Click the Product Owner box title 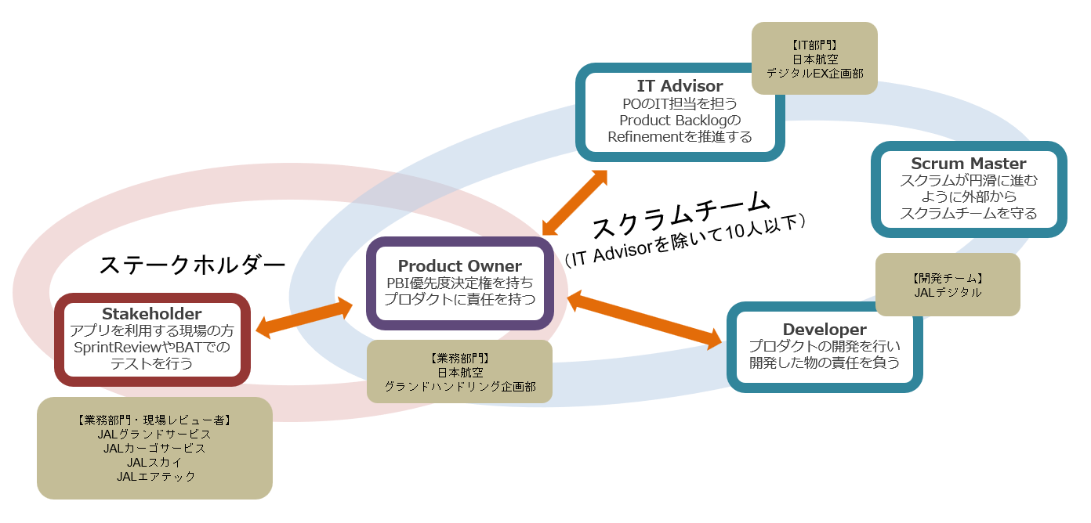click(x=459, y=266)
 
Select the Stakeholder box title click(x=152, y=314)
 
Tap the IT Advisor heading click(x=680, y=85)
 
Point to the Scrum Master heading click(x=968, y=164)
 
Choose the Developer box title click(x=825, y=330)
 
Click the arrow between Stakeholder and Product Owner click(x=305, y=318)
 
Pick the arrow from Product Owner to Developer click(x=644, y=318)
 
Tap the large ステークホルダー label click(x=191, y=265)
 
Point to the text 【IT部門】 click(x=814, y=45)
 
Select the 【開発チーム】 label click(x=948, y=278)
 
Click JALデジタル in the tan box click(x=948, y=293)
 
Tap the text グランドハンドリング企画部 click(x=459, y=387)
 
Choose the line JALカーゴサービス click(x=154, y=448)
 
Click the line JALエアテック click(x=155, y=476)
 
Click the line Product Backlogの click(x=680, y=120)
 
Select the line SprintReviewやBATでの click(x=152, y=347)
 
